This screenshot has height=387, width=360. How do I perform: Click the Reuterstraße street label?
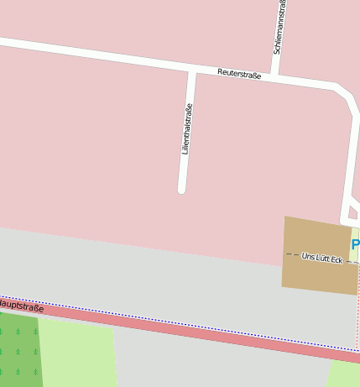pyautogui.click(x=239, y=75)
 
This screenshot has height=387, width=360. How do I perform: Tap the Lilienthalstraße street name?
pyautogui.click(x=187, y=128)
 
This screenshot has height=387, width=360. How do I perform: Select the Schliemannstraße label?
pyautogui.click(x=279, y=28)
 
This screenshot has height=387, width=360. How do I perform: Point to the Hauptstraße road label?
pyautogui.click(x=21, y=305)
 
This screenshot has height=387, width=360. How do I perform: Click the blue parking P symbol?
pyautogui.click(x=356, y=245)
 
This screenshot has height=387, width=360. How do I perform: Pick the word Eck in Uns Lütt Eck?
pyautogui.click(x=335, y=259)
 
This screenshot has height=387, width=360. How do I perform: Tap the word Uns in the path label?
pyautogui.click(x=308, y=255)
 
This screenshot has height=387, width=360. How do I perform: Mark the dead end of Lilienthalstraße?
pyautogui.click(x=181, y=189)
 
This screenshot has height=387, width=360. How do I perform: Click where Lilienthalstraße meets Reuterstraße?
pyautogui.click(x=192, y=71)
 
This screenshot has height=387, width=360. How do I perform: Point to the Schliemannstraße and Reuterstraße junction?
pyautogui.click(x=275, y=79)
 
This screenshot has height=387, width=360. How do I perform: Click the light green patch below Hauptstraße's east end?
pyautogui.click(x=344, y=374)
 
